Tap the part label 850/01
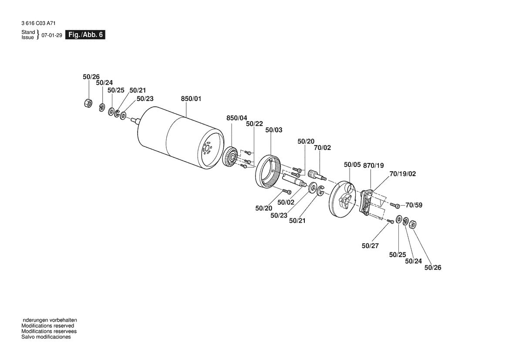pos(191,99)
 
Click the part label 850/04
pos(236,118)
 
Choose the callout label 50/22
pos(254,124)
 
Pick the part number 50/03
pos(274,130)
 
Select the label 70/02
pos(322,148)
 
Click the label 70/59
pos(415,204)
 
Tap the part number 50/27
pos(370,246)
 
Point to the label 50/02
pos(286,202)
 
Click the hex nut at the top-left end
pos(87,103)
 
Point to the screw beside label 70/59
pos(394,205)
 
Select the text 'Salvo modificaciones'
pos(46,337)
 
